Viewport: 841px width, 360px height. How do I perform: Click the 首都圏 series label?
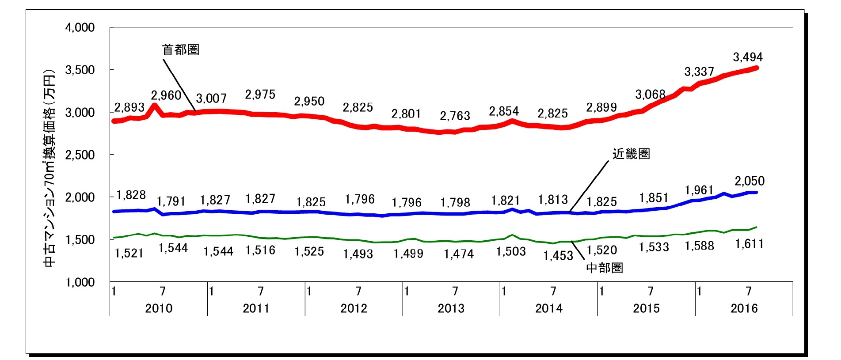181,49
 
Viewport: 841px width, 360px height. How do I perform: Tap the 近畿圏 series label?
631,154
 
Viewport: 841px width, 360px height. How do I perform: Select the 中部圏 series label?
604,268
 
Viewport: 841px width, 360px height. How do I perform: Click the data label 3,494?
748,57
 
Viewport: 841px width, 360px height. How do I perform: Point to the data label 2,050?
750,181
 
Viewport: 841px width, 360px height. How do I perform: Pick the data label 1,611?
750,244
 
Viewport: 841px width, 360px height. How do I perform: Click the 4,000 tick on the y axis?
80,27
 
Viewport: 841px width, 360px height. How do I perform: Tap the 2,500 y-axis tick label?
80,155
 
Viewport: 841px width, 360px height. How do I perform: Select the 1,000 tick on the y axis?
80,282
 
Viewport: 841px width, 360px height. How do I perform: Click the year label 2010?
159,308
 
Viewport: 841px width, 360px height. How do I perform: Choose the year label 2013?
451,308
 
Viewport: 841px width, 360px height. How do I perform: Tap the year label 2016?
744,308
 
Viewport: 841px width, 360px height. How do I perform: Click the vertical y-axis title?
49,168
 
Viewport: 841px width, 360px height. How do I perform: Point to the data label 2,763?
455,116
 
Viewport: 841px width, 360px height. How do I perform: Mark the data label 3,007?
211,98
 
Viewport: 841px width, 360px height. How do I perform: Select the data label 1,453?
558,255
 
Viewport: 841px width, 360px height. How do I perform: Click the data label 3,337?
699,72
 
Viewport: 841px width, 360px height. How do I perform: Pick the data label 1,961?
699,190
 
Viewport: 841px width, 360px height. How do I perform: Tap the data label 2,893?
129,107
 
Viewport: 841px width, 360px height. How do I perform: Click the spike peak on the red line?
154,105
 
